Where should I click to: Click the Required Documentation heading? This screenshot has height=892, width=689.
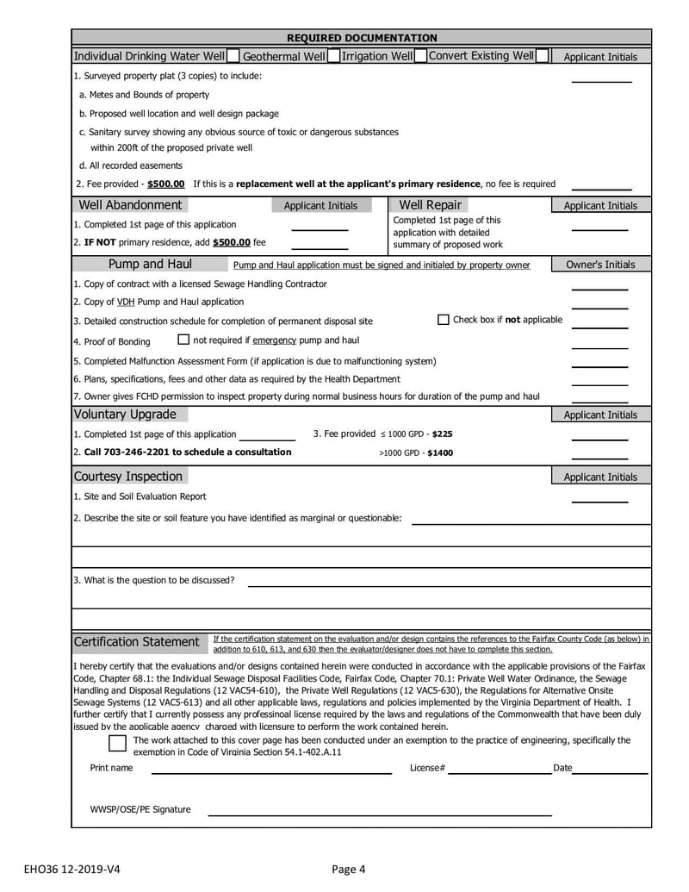(361, 38)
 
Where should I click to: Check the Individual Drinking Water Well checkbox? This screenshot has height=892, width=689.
(233, 57)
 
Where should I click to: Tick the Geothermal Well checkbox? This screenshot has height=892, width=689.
(333, 57)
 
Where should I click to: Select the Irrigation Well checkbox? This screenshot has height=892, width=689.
(420, 57)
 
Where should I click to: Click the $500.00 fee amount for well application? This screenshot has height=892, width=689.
(166, 184)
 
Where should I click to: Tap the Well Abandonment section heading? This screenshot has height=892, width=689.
(130, 205)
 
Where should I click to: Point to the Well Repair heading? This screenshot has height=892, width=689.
(430, 205)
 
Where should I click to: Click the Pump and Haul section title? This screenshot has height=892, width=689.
(150, 264)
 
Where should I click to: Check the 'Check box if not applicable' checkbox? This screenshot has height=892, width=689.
(444, 320)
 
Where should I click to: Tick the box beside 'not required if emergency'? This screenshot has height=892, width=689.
(183, 340)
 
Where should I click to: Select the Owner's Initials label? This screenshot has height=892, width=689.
(600, 265)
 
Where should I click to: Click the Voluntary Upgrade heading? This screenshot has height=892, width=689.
(125, 415)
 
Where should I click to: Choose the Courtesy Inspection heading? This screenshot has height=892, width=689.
(128, 477)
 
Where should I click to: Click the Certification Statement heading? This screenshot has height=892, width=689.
(136, 642)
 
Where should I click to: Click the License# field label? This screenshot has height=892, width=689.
(427, 768)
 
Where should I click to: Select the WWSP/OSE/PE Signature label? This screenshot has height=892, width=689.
(140, 809)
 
